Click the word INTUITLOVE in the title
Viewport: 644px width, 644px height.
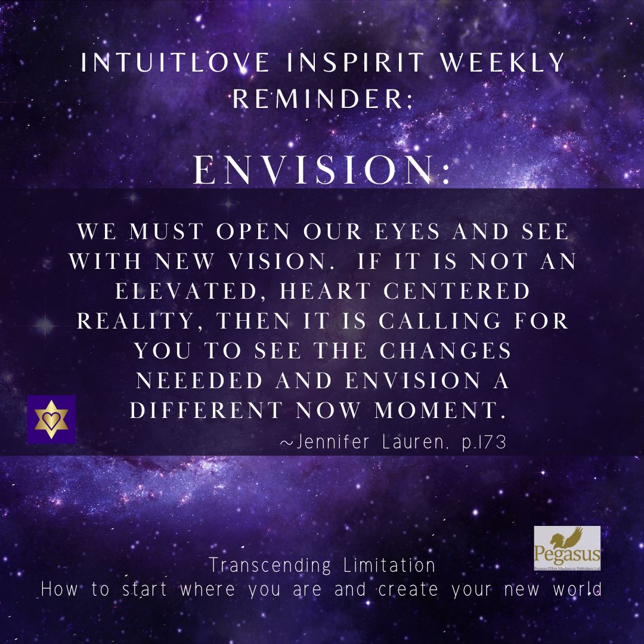[175, 63]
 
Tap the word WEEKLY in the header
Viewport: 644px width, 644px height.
[502, 63]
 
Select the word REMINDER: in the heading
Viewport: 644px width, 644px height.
[323, 98]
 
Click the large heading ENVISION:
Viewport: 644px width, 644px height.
[321, 169]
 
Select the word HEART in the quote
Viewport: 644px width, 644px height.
[326, 291]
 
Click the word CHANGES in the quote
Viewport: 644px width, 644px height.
[445, 351]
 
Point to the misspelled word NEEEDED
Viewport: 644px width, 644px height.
[199, 380]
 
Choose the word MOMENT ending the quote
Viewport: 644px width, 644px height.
[440, 410]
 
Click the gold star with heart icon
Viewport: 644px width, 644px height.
[51, 419]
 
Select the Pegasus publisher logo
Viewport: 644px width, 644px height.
[567, 549]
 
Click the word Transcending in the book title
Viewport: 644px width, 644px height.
[270, 565]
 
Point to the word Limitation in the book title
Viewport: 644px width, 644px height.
[389, 565]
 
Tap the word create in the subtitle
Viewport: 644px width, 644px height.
[408, 589]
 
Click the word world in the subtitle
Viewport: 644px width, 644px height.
[577, 589]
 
